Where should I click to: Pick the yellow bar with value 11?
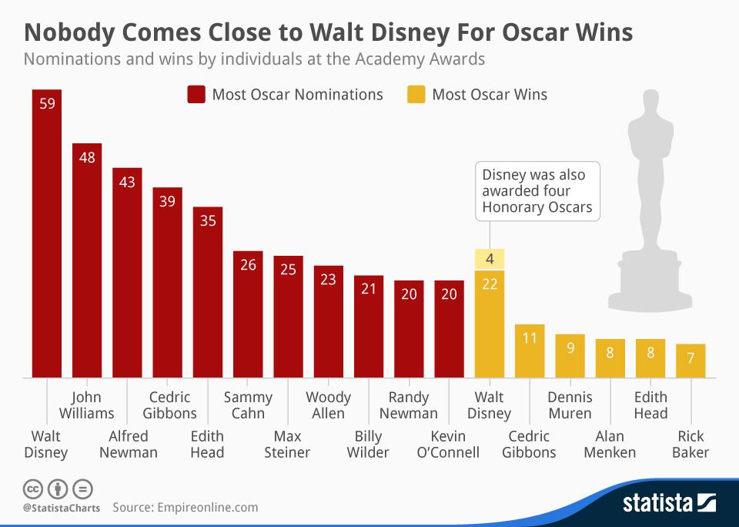529,351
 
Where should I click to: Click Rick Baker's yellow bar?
691,361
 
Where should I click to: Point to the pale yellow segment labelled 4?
490,260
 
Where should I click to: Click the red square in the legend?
196,95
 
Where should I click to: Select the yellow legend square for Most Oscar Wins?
416,95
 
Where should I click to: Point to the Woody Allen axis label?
328,405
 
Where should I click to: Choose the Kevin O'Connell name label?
447,444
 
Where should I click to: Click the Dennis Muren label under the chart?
570,405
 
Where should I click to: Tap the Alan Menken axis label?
610,444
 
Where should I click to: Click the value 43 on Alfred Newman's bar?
127,183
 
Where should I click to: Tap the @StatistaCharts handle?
59,509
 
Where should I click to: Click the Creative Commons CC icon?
32,489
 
